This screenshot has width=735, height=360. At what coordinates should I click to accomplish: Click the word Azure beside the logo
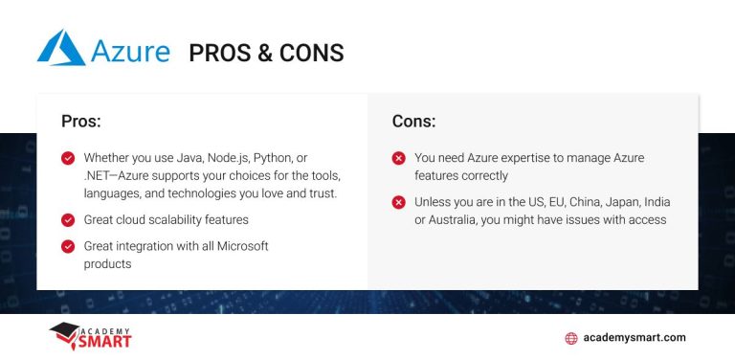click(x=131, y=50)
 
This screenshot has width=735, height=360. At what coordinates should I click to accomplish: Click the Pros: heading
click(x=81, y=122)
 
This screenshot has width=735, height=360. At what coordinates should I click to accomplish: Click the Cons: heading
click(x=413, y=122)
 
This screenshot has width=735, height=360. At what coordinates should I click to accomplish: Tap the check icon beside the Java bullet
click(x=68, y=158)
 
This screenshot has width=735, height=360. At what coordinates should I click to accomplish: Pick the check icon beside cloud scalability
click(x=68, y=220)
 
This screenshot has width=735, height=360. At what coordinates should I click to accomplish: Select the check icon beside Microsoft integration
click(x=68, y=247)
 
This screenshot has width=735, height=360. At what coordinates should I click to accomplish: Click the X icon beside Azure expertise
click(x=398, y=158)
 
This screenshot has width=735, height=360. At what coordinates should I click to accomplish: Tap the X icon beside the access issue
click(x=398, y=203)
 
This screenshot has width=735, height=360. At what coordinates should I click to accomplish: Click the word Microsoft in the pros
click(x=237, y=246)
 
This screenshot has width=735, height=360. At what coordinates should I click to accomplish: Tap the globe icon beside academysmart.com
click(x=572, y=338)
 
